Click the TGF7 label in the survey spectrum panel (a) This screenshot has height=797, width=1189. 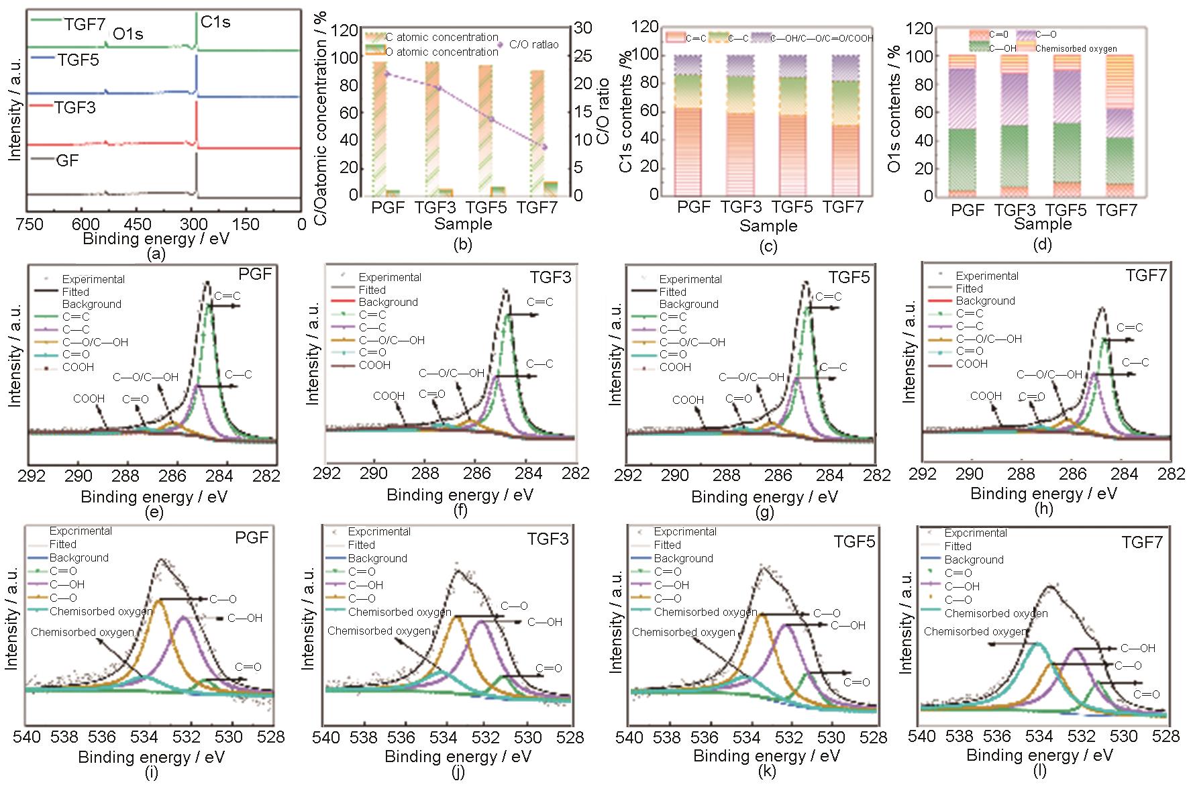click(x=85, y=24)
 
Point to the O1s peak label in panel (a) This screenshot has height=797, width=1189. click(x=127, y=34)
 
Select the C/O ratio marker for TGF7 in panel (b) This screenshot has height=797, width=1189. click(x=545, y=147)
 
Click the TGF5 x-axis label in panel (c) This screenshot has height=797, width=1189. click(x=793, y=207)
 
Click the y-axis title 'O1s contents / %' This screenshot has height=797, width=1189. click(x=894, y=107)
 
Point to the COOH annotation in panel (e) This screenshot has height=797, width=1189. click(x=89, y=398)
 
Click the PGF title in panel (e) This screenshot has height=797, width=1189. click(x=256, y=274)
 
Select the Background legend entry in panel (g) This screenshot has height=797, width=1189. click(x=688, y=304)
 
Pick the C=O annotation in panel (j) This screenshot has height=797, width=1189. click(x=549, y=668)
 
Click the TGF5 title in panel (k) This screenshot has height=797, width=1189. click(x=854, y=541)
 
